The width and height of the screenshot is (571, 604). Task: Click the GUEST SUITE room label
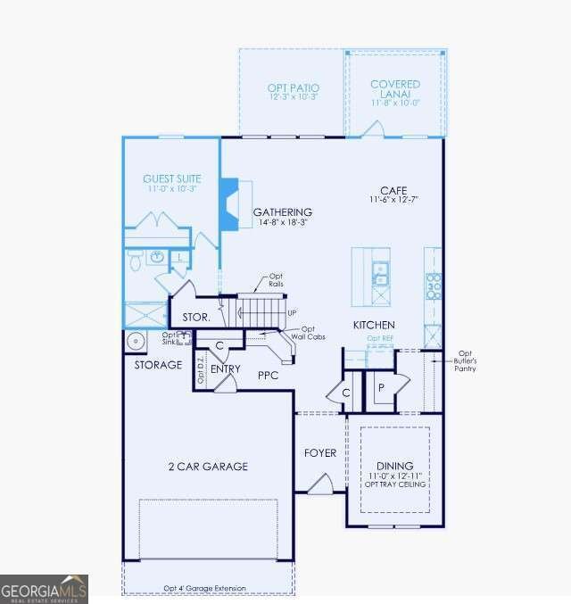[172, 178]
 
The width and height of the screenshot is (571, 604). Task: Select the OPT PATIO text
[293, 87]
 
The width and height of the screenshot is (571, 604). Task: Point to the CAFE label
[393, 191]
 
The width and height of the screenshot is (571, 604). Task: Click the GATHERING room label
[283, 212]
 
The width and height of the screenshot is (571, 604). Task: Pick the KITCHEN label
[374, 325]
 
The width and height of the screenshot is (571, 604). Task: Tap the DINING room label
[394, 466]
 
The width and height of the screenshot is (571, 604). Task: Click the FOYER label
[320, 453]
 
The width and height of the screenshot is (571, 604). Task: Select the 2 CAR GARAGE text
[208, 467]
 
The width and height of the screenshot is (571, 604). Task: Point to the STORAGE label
[158, 365]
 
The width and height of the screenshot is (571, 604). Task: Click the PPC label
[269, 376]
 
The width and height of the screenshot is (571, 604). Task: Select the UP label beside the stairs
[292, 313]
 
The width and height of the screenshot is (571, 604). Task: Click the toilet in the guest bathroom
[136, 260]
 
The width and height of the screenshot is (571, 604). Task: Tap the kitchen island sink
[380, 272]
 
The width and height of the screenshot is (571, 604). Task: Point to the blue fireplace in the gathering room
[229, 205]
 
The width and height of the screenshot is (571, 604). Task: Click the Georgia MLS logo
[44, 590]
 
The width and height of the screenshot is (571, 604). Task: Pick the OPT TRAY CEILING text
[394, 484]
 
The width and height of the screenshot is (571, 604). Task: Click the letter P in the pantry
[380, 387]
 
